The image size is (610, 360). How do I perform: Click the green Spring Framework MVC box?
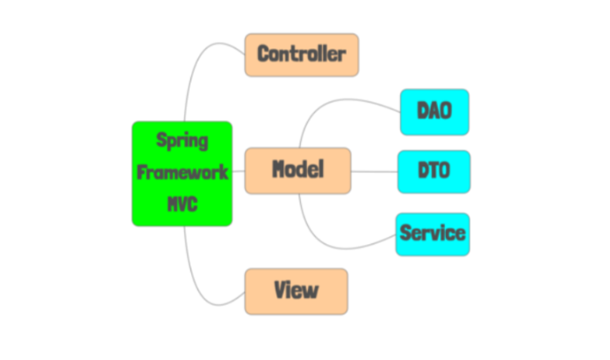pyautogui.click(x=182, y=173)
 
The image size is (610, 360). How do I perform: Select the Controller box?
pyautogui.click(x=301, y=54)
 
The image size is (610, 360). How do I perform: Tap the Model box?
pyautogui.click(x=298, y=169)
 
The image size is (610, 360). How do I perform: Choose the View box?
pyautogui.click(x=296, y=290)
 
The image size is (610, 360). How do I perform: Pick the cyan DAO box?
pyautogui.click(x=434, y=112)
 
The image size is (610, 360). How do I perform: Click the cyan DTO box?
pyautogui.click(x=434, y=171)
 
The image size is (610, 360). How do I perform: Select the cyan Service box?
pyautogui.click(x=432, y=234)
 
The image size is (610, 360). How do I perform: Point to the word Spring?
pyautogui.click(x=182, y=140)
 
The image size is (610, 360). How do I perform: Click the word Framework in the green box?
pyautogui.click(x=182, y=172)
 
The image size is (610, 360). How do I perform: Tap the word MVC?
pyautogui.click(x=182, y=204)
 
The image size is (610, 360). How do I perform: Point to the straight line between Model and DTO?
pyautogui.click(x=374, y=171)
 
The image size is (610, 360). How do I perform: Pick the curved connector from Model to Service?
pyautogui.click(x=334, y=237)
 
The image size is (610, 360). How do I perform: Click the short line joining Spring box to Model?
pyautogui.click(x=238, y=170)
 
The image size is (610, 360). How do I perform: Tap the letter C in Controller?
pyautogui.click(x=263, y=54)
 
